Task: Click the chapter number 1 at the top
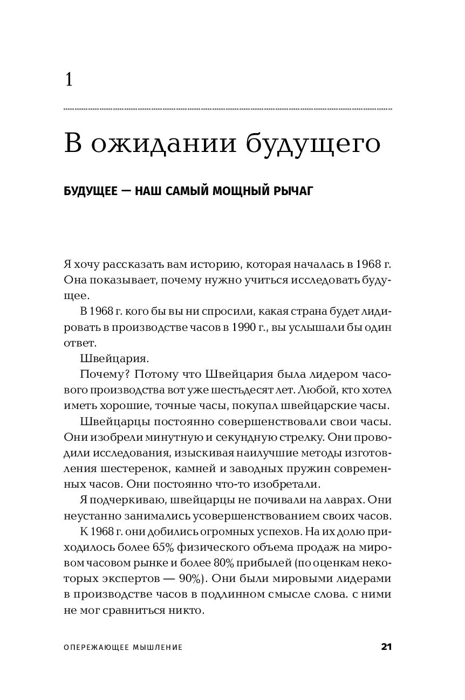click(x=69, y=80)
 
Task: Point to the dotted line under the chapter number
click(x=228, y=109)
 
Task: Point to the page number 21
click(x=386, y=647)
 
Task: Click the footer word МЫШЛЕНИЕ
click(x=157, y=647)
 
